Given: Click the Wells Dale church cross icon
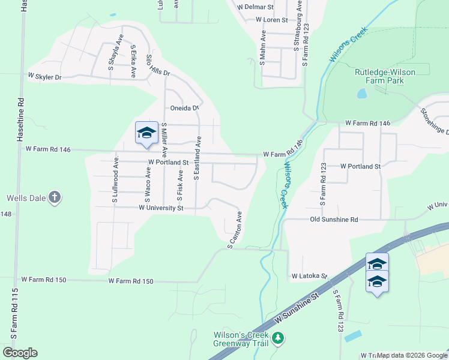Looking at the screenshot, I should pos(54,197).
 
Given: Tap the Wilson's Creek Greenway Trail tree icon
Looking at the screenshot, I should pos(278,339).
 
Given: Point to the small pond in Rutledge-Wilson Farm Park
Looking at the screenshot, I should pos(362,94).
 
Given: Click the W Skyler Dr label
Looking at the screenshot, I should pos(45,77).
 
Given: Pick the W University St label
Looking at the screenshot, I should pos(161,208).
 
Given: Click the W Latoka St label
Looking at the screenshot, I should pos(309,277).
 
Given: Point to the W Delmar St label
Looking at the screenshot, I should pos(255,7).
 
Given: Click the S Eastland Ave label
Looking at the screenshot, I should pos(196,158).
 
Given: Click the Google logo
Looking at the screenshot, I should pos(20,353).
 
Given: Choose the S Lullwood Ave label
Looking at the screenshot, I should pos(114,179).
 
